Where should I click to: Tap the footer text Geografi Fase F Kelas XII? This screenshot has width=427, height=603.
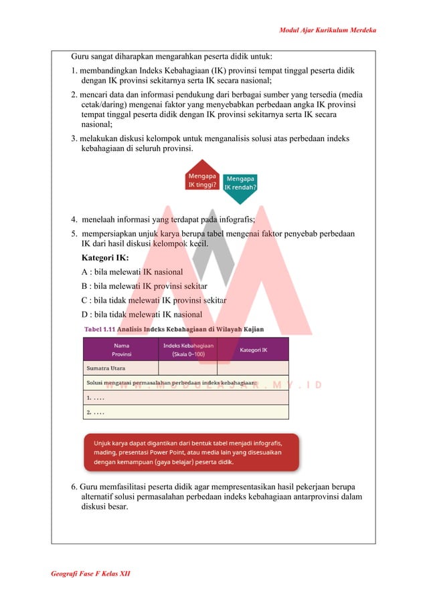(x=90, y=575)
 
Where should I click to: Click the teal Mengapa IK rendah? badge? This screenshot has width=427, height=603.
(x=240, y=183)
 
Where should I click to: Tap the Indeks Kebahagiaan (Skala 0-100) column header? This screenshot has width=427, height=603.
(x=188, y=349)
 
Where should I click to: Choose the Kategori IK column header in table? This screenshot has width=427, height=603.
(x=252, y=350)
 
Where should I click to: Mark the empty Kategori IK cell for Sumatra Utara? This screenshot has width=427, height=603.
(x=252, y=368)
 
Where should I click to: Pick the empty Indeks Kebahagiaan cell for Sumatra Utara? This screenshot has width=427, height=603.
(x=188, y=368)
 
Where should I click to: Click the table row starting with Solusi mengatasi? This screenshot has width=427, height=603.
(x=185, y=382)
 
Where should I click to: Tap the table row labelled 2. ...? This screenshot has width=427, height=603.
(x=185, y=412)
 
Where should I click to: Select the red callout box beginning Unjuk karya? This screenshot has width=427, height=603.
(x=191, y=452)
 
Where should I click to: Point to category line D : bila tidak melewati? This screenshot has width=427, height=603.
(x=141, y=314)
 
